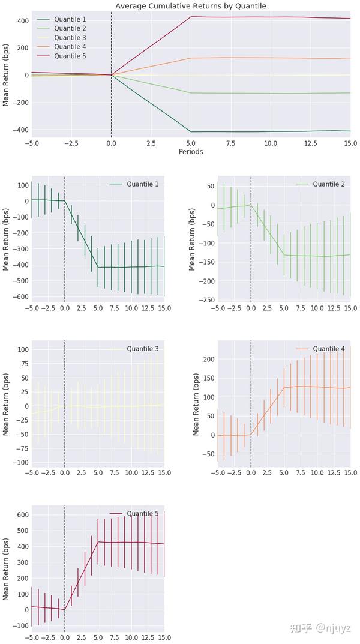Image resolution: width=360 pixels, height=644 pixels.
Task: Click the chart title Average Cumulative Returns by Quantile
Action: (191, 6)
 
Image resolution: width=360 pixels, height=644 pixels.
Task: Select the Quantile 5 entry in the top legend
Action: (71, 56)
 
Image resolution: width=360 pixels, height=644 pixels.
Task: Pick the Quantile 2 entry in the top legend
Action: (71, 28)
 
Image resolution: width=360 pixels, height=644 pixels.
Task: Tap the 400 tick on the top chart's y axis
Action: (22, 20)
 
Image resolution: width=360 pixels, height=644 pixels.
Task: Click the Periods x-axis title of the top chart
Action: (191, 152)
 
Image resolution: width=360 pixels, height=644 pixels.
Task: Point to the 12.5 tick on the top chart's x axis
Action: (310, 143)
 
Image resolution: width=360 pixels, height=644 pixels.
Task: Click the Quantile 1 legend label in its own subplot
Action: (142, 184)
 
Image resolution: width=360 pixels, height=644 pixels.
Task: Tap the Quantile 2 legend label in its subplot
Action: (328, 184)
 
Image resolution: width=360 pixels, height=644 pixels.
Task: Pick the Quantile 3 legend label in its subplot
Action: (142, 349)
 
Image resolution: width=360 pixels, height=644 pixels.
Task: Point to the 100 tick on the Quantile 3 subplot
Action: (22, 349)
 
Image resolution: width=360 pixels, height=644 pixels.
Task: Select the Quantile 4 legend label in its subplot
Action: (328, 349)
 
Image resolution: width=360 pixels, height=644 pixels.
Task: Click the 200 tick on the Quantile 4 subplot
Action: (207, 359)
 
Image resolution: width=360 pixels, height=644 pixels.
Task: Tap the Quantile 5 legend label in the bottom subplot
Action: (142, 513)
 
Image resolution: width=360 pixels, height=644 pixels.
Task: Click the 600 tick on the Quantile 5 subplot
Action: (22, 515)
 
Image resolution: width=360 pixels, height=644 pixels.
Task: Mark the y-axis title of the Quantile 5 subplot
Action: (7, 567)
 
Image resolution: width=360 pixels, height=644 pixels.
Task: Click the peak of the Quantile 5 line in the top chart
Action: (191, 17)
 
